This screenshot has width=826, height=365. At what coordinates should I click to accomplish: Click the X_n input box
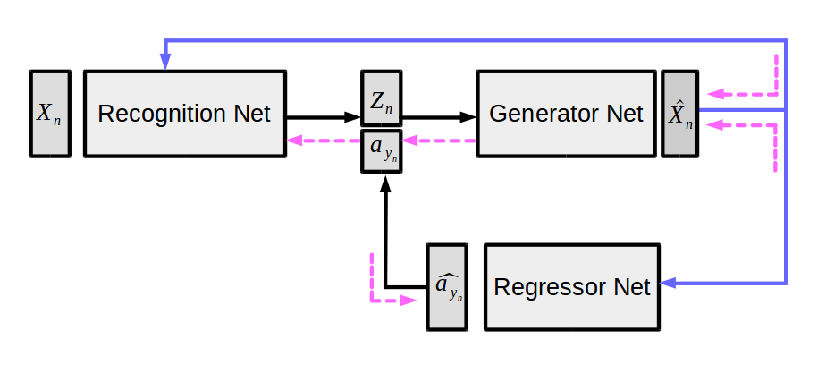pos(49,114)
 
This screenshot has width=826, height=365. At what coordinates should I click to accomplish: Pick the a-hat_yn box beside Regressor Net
pos(446,286)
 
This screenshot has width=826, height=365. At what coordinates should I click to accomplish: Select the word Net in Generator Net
pos(623,114)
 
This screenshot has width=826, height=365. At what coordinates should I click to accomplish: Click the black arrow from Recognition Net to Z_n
pos(322,116)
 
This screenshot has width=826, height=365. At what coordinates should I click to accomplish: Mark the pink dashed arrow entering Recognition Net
pos(322,140)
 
